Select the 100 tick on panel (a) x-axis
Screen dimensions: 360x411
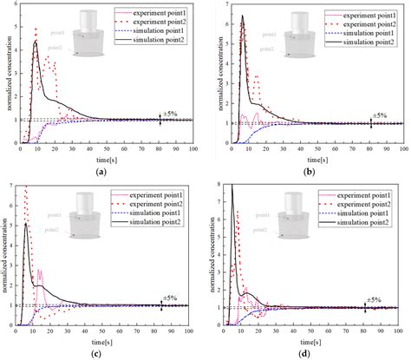click(x=192, y=149)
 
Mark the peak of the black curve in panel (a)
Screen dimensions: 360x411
click(x=36, y=41)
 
